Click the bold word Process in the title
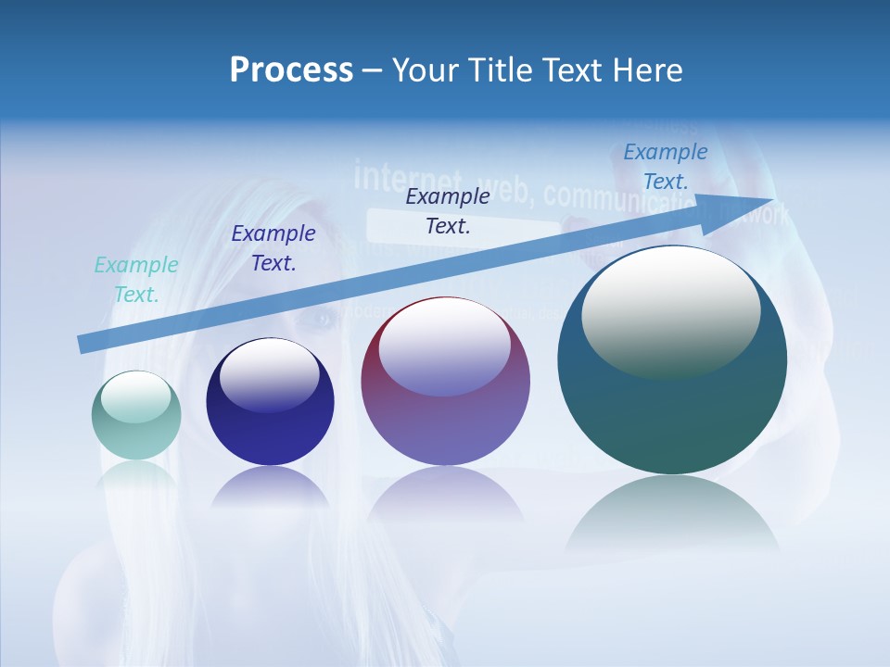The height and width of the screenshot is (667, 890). click(x=291, y=70)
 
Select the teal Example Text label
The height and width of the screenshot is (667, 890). click(x=136, y=280)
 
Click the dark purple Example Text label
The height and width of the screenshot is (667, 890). click(x=273, y=248)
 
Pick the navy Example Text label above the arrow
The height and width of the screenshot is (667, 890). click(x=448, y=211)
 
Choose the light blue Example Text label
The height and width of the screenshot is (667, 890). click(x=666, y=167)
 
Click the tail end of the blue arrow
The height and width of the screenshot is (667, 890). click(x=83, y=344)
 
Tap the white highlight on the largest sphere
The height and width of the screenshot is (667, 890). click(x=670, y=311)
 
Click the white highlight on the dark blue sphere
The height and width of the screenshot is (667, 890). click(x=269, y=374)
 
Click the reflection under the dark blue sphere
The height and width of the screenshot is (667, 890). click(x=270, y=487)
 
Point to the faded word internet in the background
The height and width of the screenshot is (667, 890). click(x=408, y=176)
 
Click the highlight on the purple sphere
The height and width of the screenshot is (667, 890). click(x=444, y=347)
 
